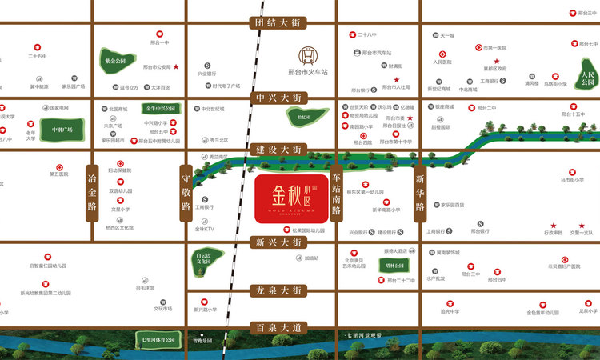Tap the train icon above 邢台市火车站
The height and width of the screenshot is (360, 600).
click(308, 55)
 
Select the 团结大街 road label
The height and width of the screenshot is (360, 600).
click(277, 23)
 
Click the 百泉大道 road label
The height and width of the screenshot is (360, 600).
click(278, 328)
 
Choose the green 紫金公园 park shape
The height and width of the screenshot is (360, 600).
click(116, 62)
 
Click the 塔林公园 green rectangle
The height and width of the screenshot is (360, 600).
click(395, 265)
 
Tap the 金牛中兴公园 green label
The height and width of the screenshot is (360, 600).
click(158, 108)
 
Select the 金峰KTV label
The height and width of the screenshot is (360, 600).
click(205, 229)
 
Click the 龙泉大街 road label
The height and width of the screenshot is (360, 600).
click(277, 292)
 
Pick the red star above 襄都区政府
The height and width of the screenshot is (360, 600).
click(496, 61)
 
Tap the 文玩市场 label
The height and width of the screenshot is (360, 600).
click(163, 308)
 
